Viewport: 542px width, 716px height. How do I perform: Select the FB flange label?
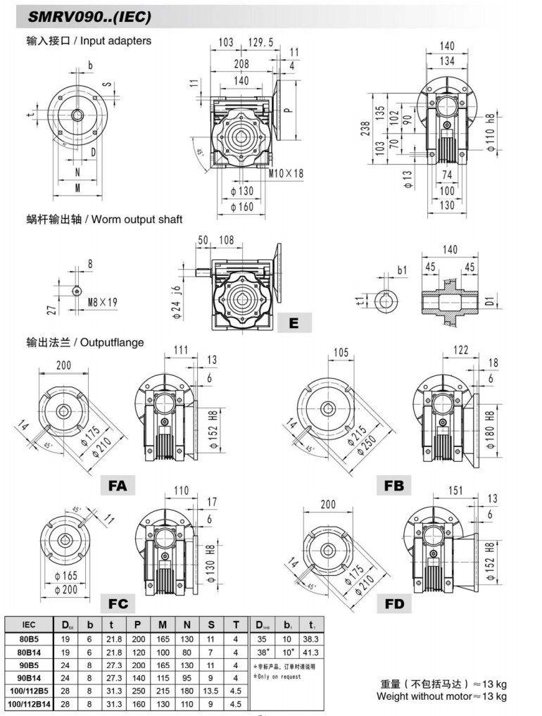[x=393, y=486]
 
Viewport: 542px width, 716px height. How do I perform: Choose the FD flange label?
[x=394, y=604]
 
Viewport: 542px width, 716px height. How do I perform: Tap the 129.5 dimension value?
[x=260, y=43]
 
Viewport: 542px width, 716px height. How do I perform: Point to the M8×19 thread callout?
[x=103, y=303]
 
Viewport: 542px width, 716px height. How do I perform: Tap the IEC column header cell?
[x=29, y=624]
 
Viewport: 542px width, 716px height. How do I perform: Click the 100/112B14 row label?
[x=29, y=703]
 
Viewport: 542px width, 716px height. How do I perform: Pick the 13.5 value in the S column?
[x=211, y=690]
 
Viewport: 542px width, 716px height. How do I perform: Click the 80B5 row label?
[x=29, y=638]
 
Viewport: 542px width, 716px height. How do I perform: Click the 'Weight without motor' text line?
[x=441, y=697]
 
